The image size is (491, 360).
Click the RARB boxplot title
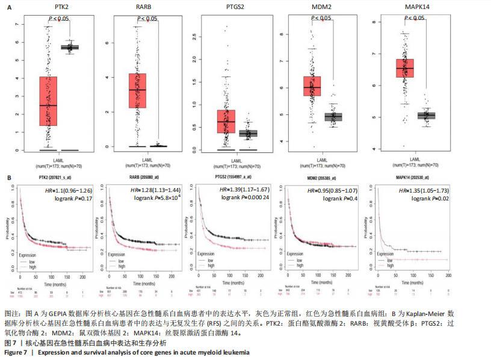(x=147, y=7)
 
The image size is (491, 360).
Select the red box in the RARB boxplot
(x=137, y=90)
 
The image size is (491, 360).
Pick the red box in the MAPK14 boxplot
(x=404, y=67)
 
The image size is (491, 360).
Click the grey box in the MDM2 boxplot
(x=333, y=116)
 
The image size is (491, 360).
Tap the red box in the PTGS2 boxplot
(x=226, y=121)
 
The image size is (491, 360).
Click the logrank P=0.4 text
(x=345, y=198)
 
